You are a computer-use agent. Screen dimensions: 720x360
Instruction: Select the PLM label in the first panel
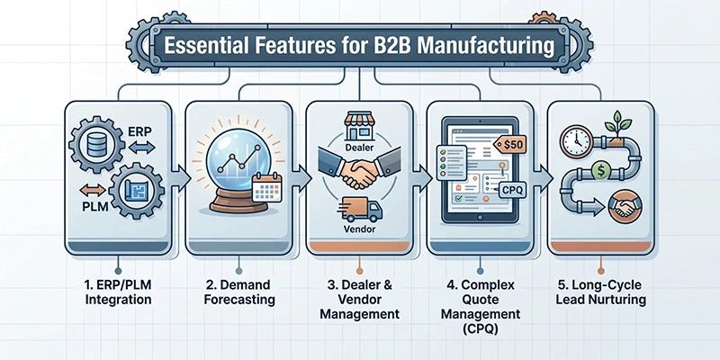click(94, 207)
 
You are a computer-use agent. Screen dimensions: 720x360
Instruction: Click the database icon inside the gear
click(97, 144)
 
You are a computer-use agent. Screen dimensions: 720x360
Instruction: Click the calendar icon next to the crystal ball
click(266, 187)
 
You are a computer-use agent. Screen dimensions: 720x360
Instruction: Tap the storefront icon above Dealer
click(359, 127)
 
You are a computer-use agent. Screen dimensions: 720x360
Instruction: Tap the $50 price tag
click(509, 145)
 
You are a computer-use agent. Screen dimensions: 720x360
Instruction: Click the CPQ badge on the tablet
click(511, 190)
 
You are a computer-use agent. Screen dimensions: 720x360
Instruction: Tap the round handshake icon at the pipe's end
click(625, 208)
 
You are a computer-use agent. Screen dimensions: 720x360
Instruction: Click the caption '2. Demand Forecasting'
click(239, 292)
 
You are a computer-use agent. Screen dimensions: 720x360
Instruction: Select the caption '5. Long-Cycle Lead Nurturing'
click(600, 292)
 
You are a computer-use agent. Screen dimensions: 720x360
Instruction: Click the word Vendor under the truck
click(359, 229)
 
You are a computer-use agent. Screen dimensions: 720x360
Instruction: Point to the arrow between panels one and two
click(180, 178)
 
